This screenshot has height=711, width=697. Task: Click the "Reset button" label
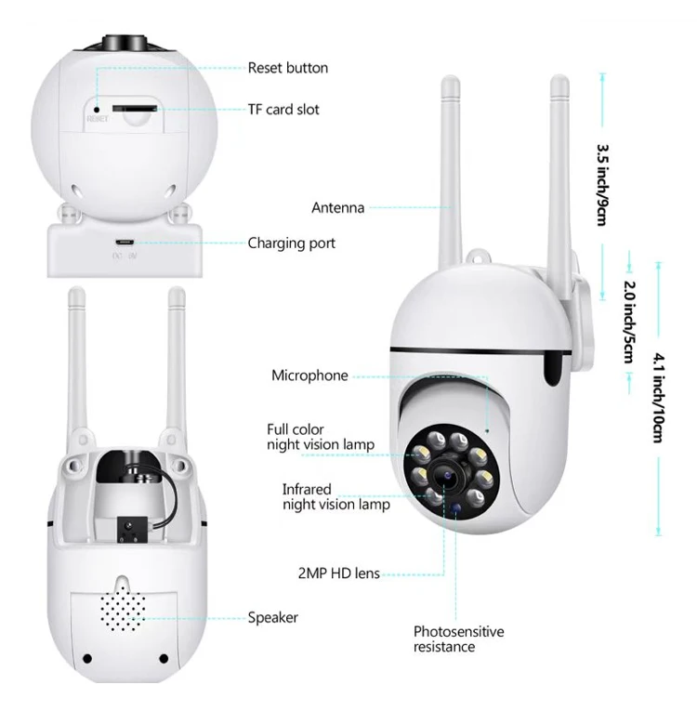coord(287,68)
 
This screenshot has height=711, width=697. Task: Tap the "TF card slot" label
coord(283,110)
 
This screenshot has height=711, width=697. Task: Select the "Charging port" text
coord(291,244)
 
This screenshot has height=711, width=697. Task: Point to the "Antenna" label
coord(337,208)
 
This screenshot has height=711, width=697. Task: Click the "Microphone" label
coord(309,375)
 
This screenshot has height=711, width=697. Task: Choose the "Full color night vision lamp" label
coord(320,437)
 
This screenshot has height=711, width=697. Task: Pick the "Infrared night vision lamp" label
coord(335,496)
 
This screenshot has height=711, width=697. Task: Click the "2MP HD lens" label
coord(338,573)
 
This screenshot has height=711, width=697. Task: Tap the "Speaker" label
coord(272,617)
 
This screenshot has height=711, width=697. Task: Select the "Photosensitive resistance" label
coord(458,639)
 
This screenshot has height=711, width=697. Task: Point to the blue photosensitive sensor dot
coord(457,506)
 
